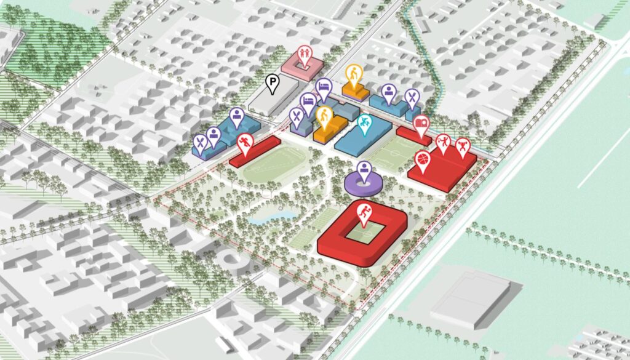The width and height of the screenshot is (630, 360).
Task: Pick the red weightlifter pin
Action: [x=462, y=146]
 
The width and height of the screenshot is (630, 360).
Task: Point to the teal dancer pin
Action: [x=364, y=123]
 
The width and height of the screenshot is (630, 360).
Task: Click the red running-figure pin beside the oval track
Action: [x=245, y=143]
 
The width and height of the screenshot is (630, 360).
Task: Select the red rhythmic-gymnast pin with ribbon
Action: [x=442, y=143]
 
